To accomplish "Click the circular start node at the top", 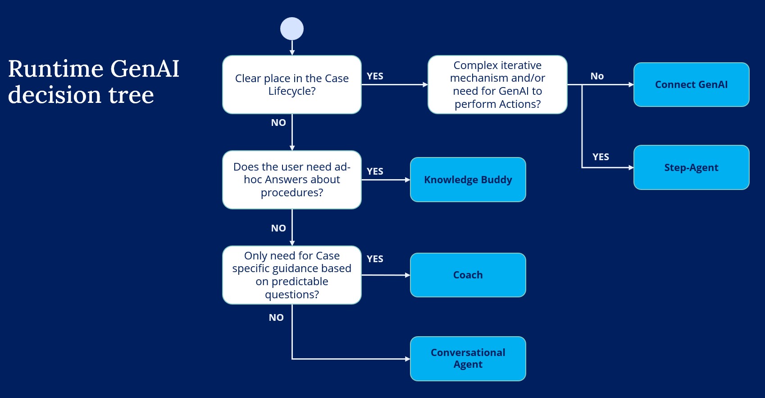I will click(x=292, y=29).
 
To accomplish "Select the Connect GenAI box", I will click(x=691, y=84).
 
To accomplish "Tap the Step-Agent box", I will click(x=691, y=167).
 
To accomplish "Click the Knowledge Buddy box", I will click(x=468, y=180).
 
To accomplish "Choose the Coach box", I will click(x=468, y=275).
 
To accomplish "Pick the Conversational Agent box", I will click(x=468, y=358).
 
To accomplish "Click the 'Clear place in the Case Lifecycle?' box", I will click(x=292, y=84).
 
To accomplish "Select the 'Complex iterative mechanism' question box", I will click(x=497, y=84).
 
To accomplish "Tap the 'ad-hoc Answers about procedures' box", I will click(x=292, y=180).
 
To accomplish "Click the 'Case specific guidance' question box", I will click(x=292, y=275).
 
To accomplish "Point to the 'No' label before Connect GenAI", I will click(x=597, y=76).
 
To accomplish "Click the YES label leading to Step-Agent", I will click(x=601, y=157).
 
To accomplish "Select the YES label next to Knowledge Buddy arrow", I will click(x=375, y=171).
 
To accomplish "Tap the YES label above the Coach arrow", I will click(x=375, y=259).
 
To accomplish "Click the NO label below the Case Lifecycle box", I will click(x=278, y=123).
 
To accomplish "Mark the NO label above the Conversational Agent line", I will click(x=276, y=318).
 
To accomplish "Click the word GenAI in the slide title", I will click(x=145, y=69).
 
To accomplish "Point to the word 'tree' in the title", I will click(x=131, y=95).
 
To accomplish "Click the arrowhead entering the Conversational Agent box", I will click(x=408, y=359).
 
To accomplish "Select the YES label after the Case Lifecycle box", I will click(x=375, y=76).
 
